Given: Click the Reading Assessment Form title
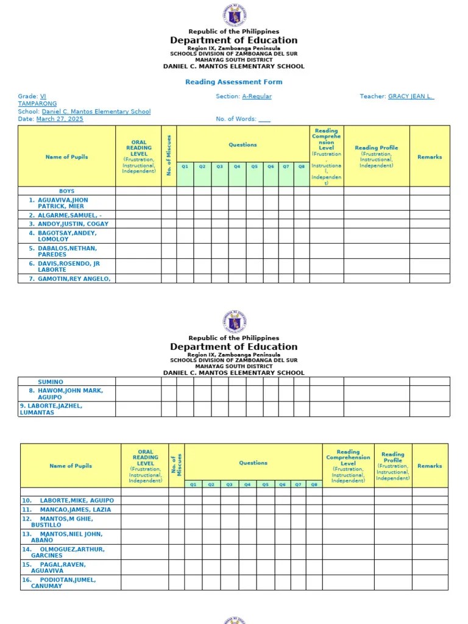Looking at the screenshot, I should click(x=233, y=82).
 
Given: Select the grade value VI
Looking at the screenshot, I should click(x=43, y=96).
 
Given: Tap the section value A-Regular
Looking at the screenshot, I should click(x=257, y=96).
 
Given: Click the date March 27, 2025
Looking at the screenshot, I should click(x=60, y=119).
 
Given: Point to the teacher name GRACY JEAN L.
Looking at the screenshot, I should click(x=411, y=96).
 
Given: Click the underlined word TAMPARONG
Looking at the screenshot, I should click(x=37, y=104).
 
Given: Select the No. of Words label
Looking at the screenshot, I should click(x=236, y=119).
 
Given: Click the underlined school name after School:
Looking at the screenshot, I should click(x=96, y=112).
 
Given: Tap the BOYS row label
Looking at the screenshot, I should click(x=66, y=191).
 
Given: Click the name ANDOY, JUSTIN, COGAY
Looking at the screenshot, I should click(x=69, y=224).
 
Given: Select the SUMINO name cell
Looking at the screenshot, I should click(x=51, y=382).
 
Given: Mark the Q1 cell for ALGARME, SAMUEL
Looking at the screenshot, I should click(x=185, y=215).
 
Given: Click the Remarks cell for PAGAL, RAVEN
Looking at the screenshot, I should click(x=430, y=567).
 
